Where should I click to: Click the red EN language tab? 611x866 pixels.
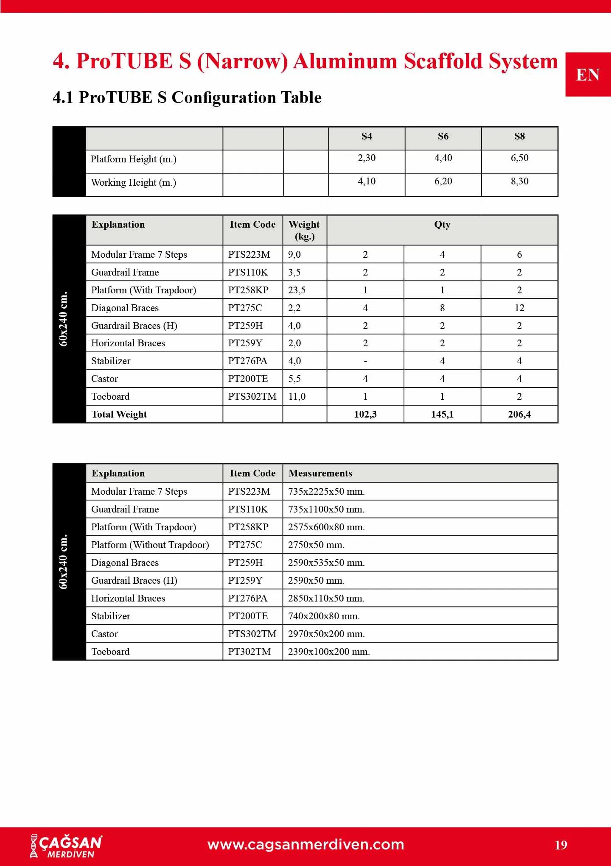tap(588, 75)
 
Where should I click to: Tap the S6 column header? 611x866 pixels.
tap(443, 136)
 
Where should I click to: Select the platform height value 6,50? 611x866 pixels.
tap(519, 158)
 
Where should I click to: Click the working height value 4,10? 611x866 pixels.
tap(367, 181)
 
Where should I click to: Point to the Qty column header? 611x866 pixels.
tap(442, 225)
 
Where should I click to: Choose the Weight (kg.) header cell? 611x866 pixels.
tap(304, 230)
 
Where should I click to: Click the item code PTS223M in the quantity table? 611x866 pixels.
tap(249, 254)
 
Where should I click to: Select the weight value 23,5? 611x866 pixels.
tap(297, 290)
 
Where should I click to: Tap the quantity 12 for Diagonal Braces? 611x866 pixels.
tap(519, 308)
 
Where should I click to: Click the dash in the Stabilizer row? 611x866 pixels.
tap(365, 361)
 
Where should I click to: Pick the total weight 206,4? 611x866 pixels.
tap(519, 414)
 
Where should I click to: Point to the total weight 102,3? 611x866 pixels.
tap(365, 414)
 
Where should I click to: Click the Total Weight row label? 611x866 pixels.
tap(119, 414)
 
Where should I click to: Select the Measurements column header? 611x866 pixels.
tap(320, 473)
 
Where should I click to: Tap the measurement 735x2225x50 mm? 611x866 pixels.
tap(326, 491)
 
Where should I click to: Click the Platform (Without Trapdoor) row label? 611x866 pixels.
tap(150, 545)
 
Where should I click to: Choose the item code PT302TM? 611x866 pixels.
tap(249, 652)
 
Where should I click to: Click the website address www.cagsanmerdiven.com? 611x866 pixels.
tap(305, 844)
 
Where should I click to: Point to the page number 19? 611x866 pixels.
tap(561, 845)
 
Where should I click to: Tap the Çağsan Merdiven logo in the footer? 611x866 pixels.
tap(67, 846)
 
